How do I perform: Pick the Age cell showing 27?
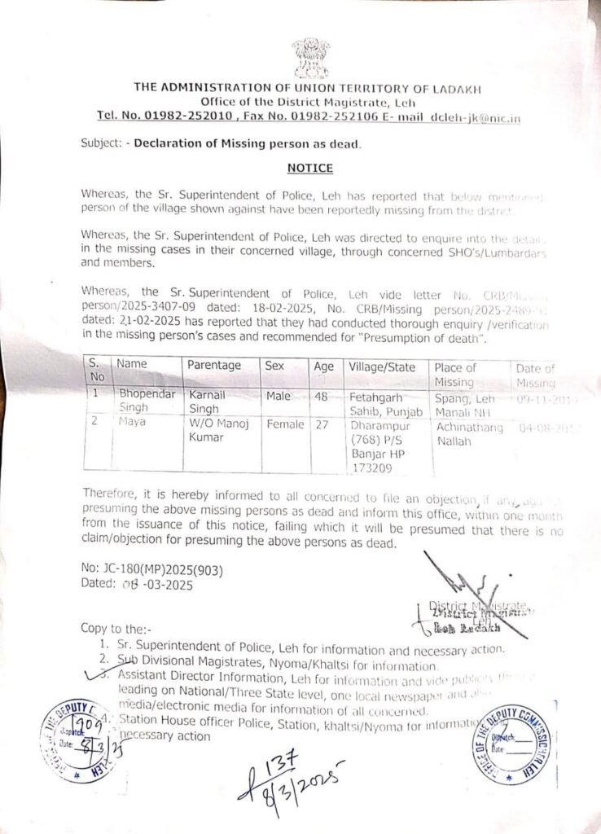[x=323, y=424]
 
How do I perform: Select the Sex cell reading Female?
[x=284, y=424]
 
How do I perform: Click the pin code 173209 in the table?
[x=371, y=467]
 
